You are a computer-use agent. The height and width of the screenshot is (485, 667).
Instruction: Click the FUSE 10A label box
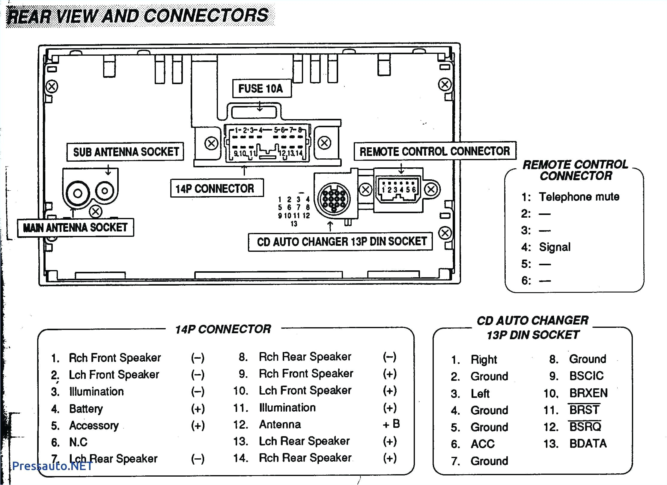[x=261, y=89]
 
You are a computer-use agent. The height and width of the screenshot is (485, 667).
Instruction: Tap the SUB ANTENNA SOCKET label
[x=125, y=152]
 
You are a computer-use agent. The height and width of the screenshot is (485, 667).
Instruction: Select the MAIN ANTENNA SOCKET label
[x=75, y=228]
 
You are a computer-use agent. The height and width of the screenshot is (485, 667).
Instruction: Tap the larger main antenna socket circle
[x=77, y=193]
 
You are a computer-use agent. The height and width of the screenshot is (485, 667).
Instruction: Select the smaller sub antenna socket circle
[x=105, y=190]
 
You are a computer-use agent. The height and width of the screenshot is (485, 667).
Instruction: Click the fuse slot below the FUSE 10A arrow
[x=254, y=113]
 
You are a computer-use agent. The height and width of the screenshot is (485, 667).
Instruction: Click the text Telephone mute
[x=579, y=197]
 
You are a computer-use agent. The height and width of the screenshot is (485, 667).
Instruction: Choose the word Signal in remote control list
[x=555, y=247]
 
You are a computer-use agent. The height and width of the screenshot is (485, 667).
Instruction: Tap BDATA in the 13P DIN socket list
[x=588, y=444]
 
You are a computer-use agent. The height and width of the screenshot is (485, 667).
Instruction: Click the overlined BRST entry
[x=584, y=410]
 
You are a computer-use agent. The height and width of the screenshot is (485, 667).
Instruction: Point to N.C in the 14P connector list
[x=78, y=442]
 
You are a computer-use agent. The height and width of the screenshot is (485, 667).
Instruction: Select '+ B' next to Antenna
[x=391, y=424]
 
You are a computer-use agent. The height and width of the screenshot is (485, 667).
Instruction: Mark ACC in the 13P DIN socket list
[x=482, y=444]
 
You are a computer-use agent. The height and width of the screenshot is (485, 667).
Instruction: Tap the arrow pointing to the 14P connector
[x=244, y=171]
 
